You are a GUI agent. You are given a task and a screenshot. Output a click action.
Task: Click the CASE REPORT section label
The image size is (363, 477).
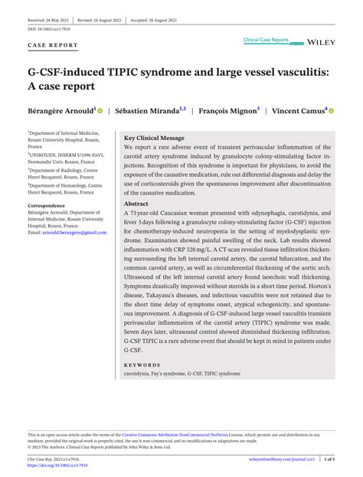[x=53, y=46]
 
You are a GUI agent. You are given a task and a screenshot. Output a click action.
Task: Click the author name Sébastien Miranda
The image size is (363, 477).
[x=149, y=111]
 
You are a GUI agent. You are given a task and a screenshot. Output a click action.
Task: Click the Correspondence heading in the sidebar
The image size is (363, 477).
[x=47, y=206]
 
